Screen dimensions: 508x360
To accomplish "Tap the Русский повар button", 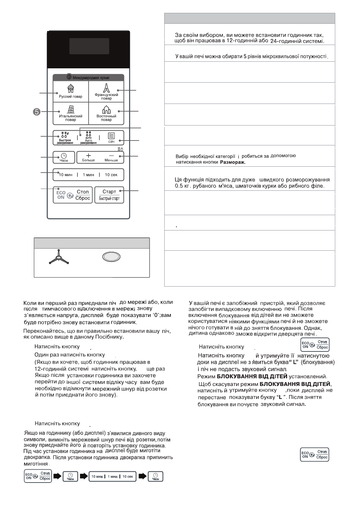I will click(70, 91).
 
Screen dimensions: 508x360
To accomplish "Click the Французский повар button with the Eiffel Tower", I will click(106, 91).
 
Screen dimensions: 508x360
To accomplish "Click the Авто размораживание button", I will click(88, 138).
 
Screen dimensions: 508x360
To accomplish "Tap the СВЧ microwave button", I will click(111, 137).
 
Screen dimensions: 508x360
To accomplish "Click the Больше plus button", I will click(88, 157).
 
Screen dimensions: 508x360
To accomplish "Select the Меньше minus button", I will click(111, 157).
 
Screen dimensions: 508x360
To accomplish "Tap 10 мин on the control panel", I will click(66, 175).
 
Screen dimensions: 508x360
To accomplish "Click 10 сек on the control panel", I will click(111, 175).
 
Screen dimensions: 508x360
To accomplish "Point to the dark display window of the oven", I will click(89, 46).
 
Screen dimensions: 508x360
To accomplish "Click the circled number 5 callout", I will click(37, 112).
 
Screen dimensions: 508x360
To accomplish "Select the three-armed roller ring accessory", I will click(59, 257).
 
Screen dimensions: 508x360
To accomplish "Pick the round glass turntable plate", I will click(111, 257).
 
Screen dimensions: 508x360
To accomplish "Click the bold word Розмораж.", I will click(233, 162).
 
